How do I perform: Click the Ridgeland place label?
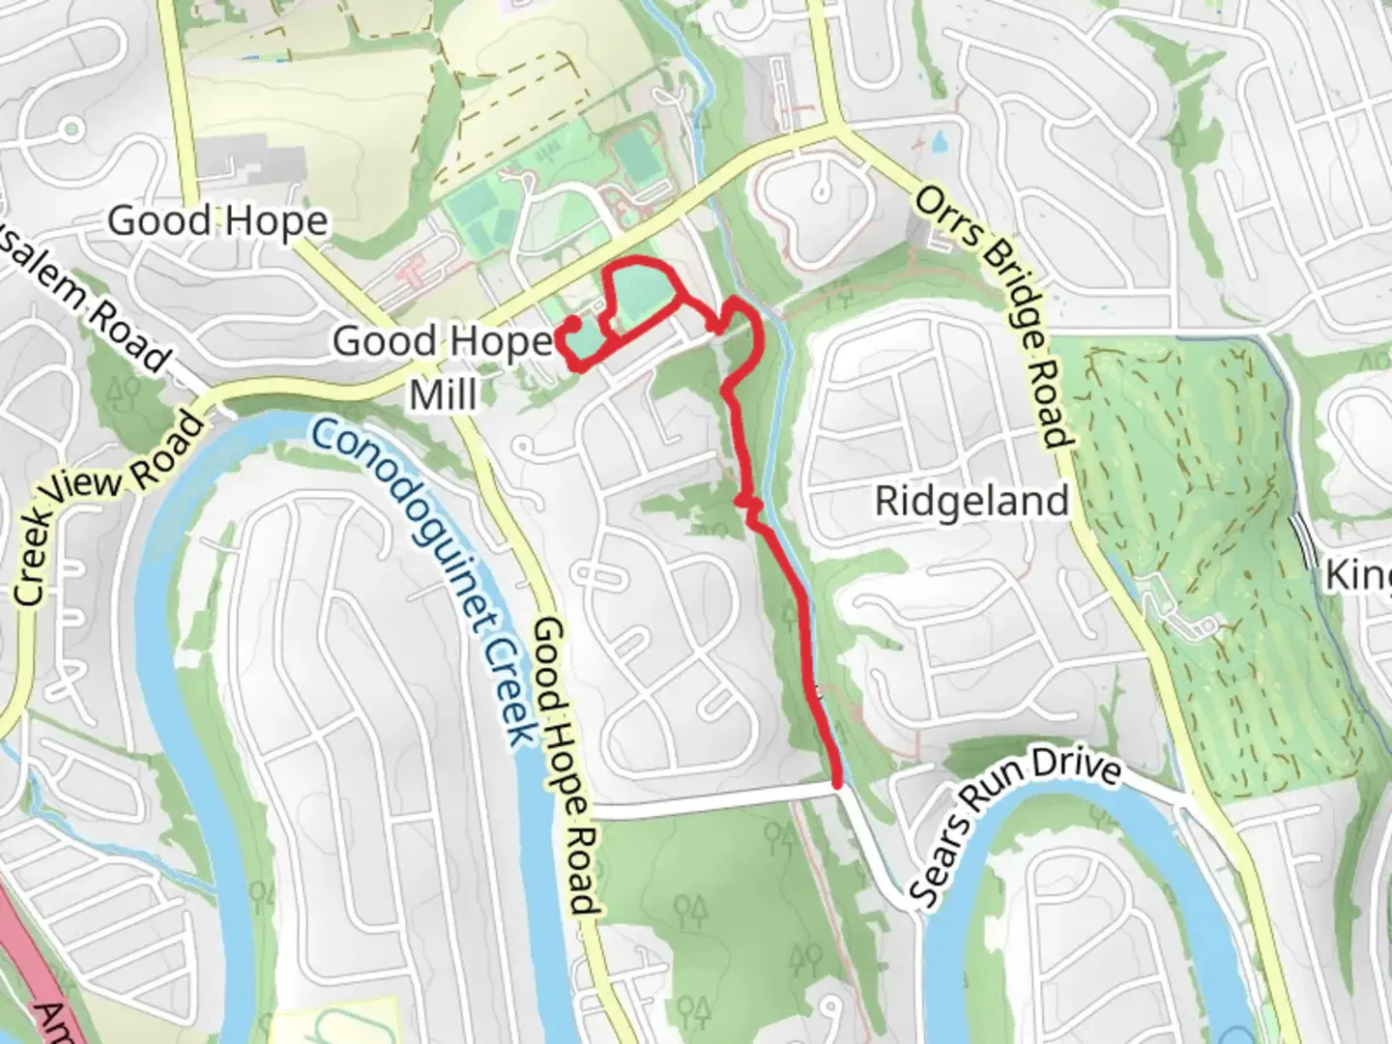click(x=971, y=501)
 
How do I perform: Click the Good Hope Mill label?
click(x=443, y=367)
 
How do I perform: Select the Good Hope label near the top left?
click(x=217, y=220)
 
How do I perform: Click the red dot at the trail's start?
click(x=572, y=323)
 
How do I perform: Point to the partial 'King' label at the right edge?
click(x=1358, y=576)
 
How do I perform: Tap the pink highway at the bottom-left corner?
click(x=29, y=928)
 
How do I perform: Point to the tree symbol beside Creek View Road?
click(x=122, y=391)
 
